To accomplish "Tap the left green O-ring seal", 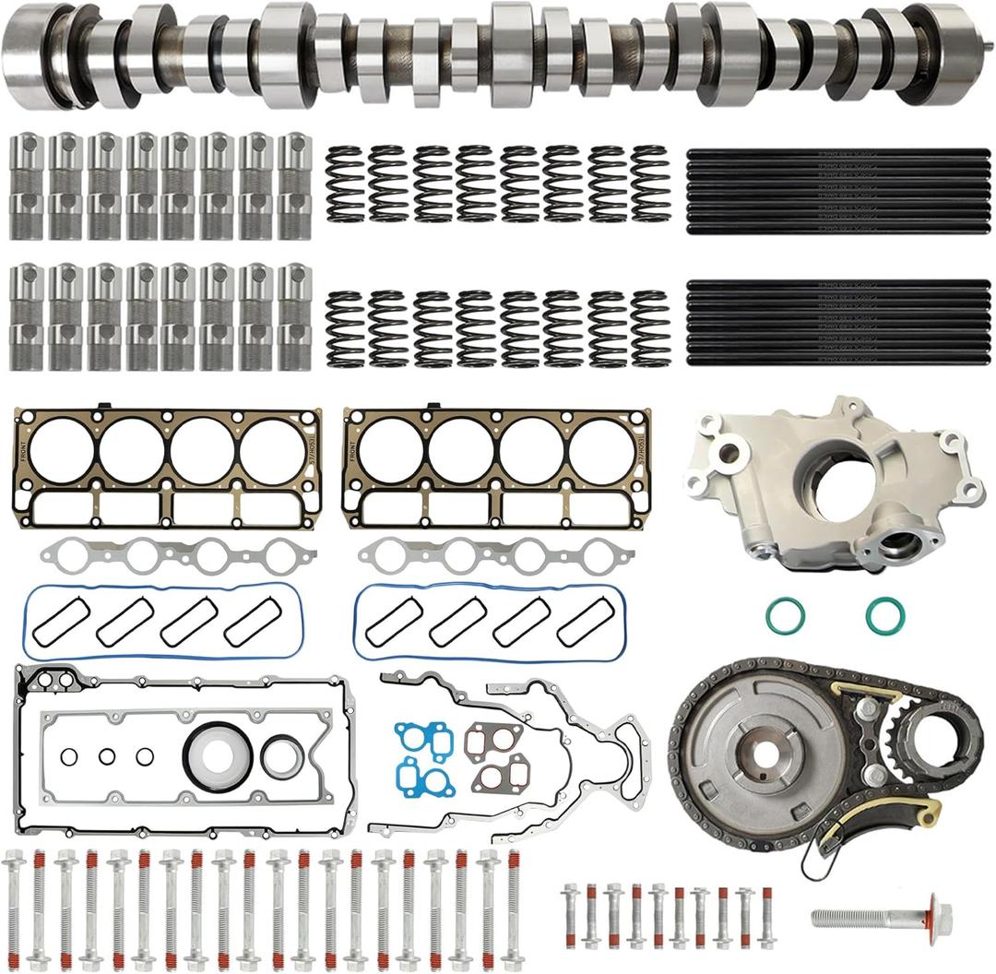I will pyautogui.click(x=784, y=615).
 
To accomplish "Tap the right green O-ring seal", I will pyautogui.click(x=884, y=615).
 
